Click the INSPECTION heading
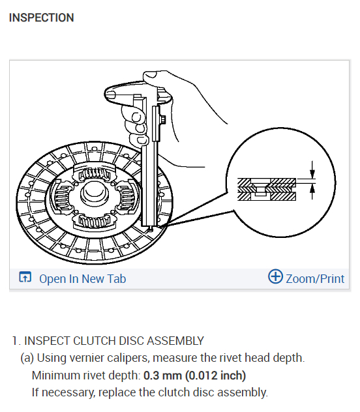coord(41,18)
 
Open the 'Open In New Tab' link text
coord(82,279)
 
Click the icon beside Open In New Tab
coord(25,278)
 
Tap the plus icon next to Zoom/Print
coord(276,277)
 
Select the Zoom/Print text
coord(315,279)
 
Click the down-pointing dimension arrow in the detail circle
coord(312,173)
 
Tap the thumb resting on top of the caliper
coord(127,95)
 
